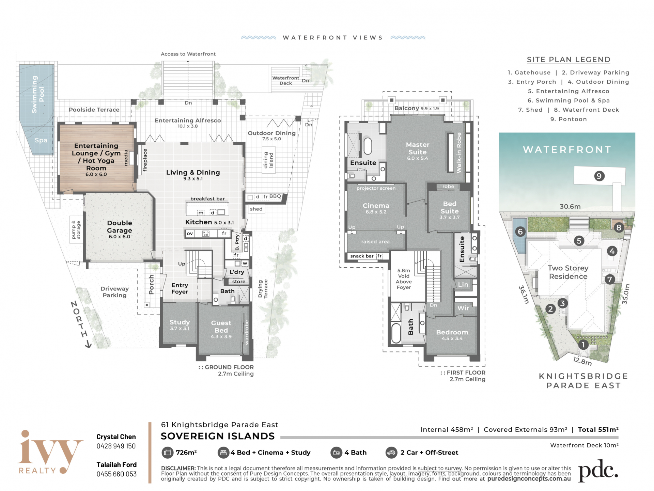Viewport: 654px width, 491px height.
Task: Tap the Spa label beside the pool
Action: [x=41, y=140]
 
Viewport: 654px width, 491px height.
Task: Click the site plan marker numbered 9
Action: [x=599, y=176]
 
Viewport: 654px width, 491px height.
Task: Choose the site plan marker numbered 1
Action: [x=583, y=345]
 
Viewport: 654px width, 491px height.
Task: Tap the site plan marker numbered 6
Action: [x=520, y=232]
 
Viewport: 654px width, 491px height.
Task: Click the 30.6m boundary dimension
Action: [x=570, y=206]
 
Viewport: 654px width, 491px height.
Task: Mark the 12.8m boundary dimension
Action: [x=582, y=361]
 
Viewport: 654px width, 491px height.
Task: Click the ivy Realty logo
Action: [x=50, y=452]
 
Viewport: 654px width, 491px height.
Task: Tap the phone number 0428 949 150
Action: [x=116, y=446]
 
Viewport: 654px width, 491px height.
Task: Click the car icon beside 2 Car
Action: [x=391, y=453]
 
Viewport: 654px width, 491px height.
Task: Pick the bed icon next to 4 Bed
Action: [x=223, y=453]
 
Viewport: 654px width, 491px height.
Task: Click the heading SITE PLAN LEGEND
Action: [x=569, y=60]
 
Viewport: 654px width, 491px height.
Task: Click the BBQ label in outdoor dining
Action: [x=275, y=196]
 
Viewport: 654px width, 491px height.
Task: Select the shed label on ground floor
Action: [x=256, y=209]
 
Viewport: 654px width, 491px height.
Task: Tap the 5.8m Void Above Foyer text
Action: [x=404, y=279]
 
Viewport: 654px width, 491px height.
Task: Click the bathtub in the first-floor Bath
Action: [x=396, y=333]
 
